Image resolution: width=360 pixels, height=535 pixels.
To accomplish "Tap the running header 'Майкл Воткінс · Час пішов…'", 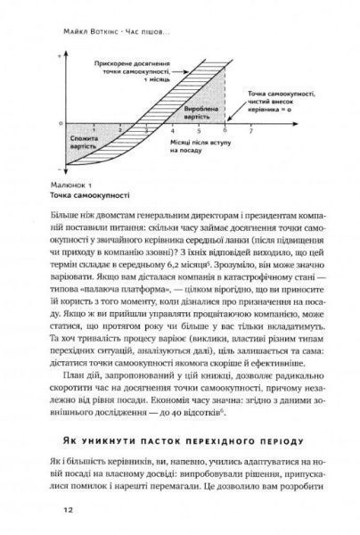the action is (x=180, y=27).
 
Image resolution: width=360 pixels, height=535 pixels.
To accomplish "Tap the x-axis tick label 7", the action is (x=251, y=129).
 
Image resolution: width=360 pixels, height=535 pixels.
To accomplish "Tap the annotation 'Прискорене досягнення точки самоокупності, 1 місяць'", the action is (x=134, y=73).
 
